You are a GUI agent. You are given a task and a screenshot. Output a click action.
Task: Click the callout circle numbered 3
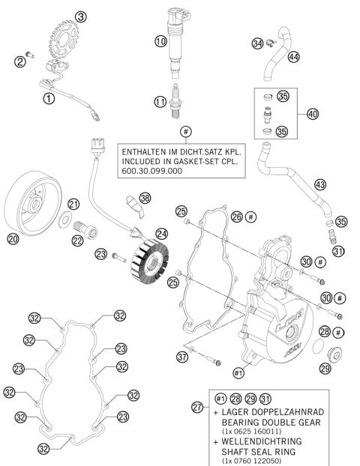81,16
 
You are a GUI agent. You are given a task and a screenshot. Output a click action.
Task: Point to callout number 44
293,57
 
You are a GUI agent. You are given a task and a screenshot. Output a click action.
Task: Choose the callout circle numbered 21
73,205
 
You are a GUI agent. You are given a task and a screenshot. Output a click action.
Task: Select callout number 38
145,198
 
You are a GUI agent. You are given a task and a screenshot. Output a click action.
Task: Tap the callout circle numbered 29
325,368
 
